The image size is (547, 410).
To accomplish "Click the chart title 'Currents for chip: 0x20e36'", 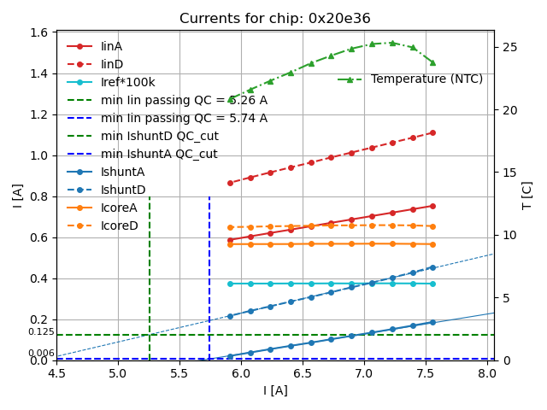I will [x=275, y=19].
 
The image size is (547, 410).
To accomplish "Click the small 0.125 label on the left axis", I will [x=41, y=332].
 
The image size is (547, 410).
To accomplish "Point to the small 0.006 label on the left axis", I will [x=41, y=354].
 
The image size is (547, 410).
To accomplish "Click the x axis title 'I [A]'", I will [x=275, y=390].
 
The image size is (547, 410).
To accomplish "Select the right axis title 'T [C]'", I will [x=527, y=195].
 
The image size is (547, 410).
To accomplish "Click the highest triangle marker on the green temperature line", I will [x=392, y=43].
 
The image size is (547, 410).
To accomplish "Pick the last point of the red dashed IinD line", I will [x=432, y=132].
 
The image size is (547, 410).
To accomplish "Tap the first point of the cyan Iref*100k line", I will [x=230, y=284].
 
